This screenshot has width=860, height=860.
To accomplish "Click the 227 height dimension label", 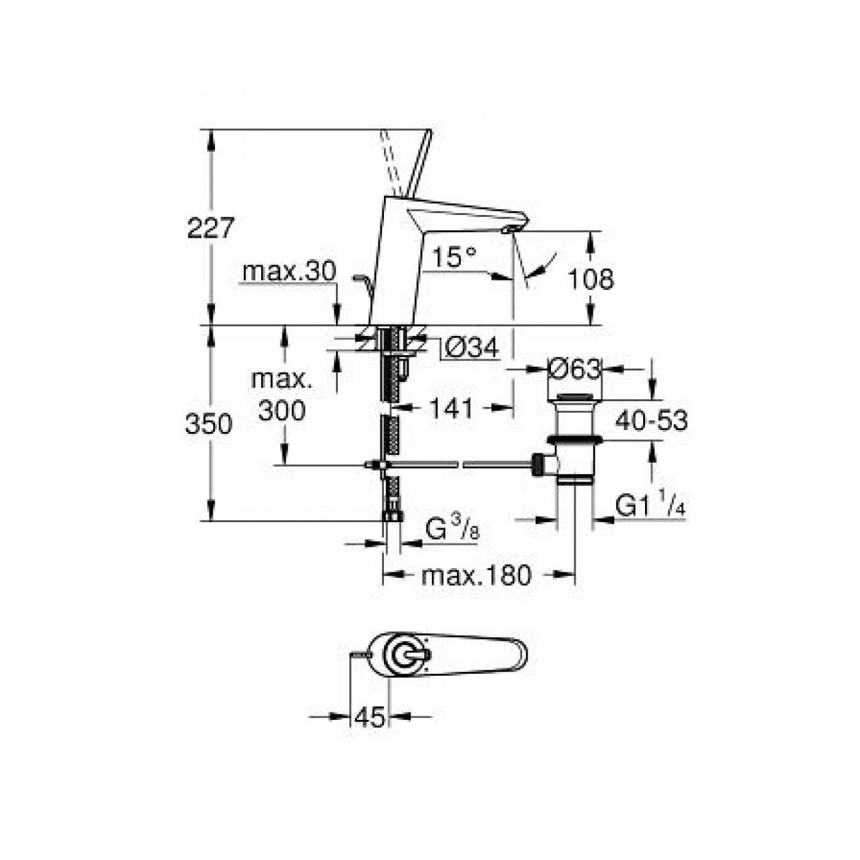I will coord(211,229).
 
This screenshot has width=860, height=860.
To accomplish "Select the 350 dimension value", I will coord(209,424).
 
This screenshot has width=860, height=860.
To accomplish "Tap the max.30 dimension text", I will coord(289,271).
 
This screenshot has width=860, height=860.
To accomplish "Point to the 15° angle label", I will coord(453,257).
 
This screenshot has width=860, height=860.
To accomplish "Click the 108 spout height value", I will coord(590,279).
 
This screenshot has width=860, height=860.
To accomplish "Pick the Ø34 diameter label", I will coord(471,349).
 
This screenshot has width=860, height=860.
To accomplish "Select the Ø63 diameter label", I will coord(574,369).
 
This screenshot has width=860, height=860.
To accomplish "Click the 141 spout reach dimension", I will coord(451,408).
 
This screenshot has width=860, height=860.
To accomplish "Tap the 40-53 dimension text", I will coord(651,421).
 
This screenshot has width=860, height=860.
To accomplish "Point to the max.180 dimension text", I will coord(476,576).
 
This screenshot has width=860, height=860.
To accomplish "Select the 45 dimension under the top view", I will coord(370,716).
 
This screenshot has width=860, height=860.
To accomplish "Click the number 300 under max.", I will coord(282,410).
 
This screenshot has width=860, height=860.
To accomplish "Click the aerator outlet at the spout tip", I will coord(510,230).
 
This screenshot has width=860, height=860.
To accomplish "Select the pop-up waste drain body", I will coord(574,442).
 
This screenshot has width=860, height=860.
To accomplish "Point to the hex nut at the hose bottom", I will coord(392,515).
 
